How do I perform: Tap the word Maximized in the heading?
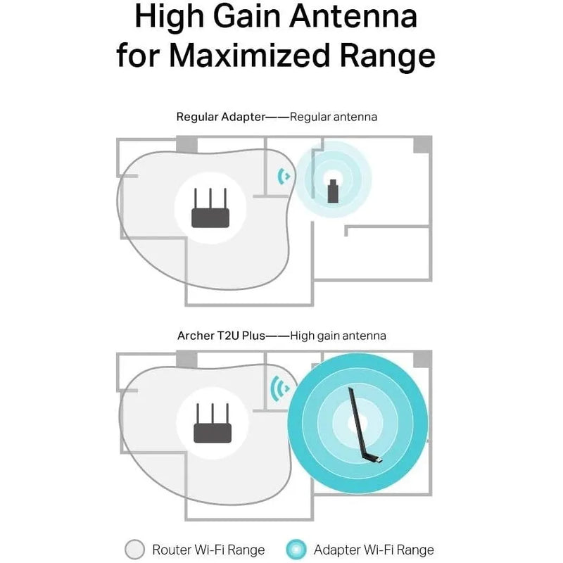coord(249,56)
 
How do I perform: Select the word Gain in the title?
coord(246,16)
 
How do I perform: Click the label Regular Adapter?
coord(220,117)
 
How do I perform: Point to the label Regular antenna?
coord(334,117)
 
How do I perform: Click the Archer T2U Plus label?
coord(221,336)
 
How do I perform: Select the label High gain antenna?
coord(339,336)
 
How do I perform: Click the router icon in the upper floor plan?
coord(210,208)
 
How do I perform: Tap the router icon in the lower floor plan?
coord(213,423)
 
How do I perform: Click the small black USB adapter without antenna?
coord(333,191)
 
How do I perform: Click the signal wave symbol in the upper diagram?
coord(284,177)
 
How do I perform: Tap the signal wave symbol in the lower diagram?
coord(279,388)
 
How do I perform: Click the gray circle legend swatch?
coord(134,550)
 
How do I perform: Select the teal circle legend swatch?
coord(296,550)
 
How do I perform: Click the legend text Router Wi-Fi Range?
coord(208,550)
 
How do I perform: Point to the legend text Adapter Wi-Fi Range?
coord(374,550)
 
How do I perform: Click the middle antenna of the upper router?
coord(210,198)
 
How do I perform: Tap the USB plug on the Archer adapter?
coord(379,460)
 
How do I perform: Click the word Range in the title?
coord(388,56)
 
